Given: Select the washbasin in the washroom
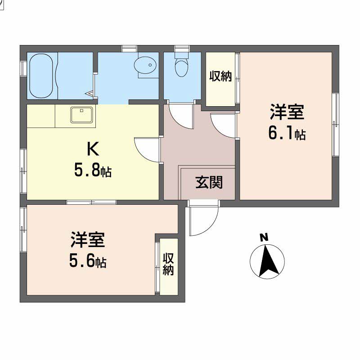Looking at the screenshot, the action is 145,65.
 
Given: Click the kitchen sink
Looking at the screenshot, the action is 82,115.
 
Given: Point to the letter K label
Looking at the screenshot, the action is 93,149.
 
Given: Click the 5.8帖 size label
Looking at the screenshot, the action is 93,171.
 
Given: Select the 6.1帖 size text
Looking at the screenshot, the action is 287,134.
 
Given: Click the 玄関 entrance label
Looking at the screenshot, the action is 209,183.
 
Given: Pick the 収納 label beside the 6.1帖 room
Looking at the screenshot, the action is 220,76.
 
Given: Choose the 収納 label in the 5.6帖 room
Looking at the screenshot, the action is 168,264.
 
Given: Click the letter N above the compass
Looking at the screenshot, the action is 264,237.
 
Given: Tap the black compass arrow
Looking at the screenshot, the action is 268,262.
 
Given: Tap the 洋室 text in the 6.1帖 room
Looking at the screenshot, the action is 287,112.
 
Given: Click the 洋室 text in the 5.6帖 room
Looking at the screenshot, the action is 88,240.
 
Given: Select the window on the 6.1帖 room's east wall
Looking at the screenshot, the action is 335,125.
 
